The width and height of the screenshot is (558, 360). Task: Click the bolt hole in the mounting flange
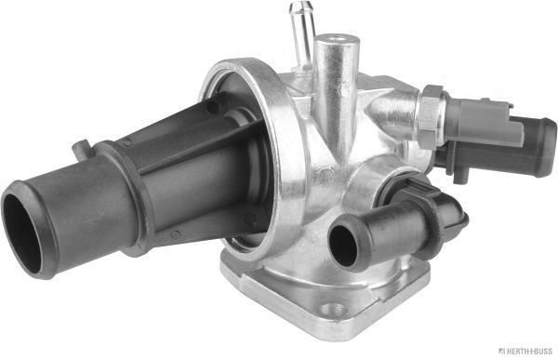pos(336,308)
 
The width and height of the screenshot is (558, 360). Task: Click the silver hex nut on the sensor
pos(429,115)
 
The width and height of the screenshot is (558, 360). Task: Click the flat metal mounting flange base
pos(279,298)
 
